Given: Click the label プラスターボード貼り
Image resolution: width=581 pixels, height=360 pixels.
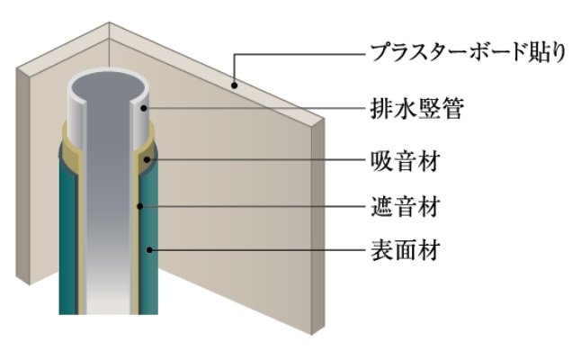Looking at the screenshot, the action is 469,52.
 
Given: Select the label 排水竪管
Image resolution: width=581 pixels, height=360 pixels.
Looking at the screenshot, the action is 417,108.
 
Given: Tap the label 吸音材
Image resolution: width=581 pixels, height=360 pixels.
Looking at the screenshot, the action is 406,160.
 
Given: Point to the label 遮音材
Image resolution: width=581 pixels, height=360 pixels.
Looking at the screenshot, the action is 406,206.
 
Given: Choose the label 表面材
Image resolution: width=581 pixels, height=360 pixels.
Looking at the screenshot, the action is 406,250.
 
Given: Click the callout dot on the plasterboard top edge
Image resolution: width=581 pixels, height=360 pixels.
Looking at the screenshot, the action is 234,85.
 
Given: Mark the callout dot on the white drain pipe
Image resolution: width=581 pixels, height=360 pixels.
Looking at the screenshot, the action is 144,108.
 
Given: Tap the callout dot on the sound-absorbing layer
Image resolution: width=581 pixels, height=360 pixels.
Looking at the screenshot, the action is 147,160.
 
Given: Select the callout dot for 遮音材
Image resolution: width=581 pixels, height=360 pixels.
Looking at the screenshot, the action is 140,206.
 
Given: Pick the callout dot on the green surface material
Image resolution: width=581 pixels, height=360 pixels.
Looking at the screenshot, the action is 149,250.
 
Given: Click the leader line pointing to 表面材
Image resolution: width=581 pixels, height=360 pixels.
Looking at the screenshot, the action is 257,250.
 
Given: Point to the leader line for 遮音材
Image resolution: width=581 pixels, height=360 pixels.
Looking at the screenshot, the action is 253,206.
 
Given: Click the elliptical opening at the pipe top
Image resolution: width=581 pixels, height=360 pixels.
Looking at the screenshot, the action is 107,87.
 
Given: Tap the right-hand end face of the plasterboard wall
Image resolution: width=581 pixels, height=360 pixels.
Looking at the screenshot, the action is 317,226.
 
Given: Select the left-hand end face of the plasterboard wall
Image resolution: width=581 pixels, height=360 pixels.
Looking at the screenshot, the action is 22,176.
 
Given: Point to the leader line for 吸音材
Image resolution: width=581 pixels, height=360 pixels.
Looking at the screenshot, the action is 257,160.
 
